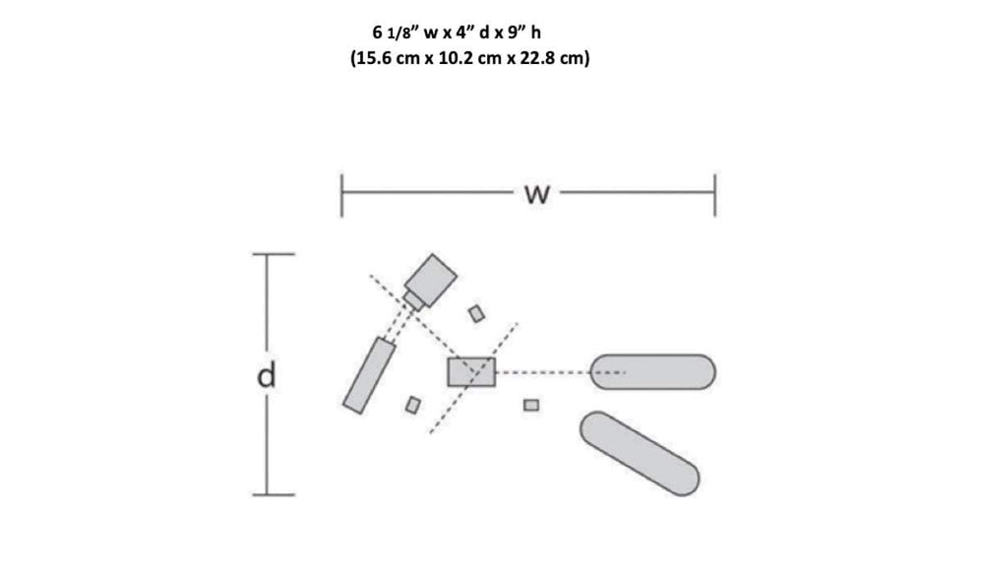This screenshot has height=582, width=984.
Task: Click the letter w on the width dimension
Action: [x=536, y=195]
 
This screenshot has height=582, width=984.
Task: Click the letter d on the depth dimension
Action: [x=267, y=375]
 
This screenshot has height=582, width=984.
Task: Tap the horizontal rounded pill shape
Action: [x=652, y=371]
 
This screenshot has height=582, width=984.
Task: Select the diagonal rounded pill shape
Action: [x=640, y=453]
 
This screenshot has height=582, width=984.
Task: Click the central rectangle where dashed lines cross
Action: [x=471, y=372]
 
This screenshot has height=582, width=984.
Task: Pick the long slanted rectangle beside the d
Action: [x=369, y=375]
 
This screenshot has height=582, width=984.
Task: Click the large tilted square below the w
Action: [x=431, y=280]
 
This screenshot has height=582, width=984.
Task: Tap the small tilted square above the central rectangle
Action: [x=477, y=313]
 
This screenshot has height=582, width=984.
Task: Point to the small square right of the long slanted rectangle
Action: [x=413, y=405]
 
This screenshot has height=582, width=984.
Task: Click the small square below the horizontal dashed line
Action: [x=531, y=405]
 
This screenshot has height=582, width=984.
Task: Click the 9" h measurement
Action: [x=525, y=32]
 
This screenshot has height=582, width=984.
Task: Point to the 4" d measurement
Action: [x=472, y=32]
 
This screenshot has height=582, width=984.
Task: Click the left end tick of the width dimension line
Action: [x=341, y=195]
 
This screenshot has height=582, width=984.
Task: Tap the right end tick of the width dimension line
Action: [x=714, y=195]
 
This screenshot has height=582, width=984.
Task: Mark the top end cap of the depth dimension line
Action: [x=274, y=254]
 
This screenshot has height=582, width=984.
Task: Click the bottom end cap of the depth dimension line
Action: [x=274, y=494]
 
